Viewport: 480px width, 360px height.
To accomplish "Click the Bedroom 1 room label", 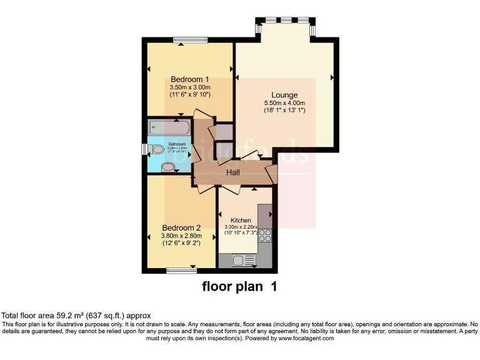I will pyautogui.click(x=190, y=79).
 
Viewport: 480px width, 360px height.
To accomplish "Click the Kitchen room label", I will pyautogui.click(x=241, y=221).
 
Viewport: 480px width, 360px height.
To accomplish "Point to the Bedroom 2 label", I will pyautogui.click(x=181, y=227).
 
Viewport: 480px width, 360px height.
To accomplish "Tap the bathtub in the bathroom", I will pyautogui.click(x=169, y=127).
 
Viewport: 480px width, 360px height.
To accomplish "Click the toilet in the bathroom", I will pyautogui.click(x=156, y=149).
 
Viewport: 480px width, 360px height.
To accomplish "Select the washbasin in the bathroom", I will pyautogui.click(x=167, y=167).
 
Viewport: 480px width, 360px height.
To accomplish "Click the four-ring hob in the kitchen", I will pyautogui.click(x=265, y=236).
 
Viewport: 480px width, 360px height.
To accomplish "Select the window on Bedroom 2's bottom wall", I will pyautogui.click(x=182, y=271).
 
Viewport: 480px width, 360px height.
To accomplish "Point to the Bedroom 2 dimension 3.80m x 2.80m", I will pyautogui.click(x=181, y=236).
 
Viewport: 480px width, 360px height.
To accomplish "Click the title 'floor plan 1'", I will pyautogui.click(x=239, y=287).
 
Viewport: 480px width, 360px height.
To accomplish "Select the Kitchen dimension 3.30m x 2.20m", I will pyautogui.click(x=241, y=227).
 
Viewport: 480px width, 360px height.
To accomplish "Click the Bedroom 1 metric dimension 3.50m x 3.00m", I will pyautogui.click(x=190, y=87).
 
